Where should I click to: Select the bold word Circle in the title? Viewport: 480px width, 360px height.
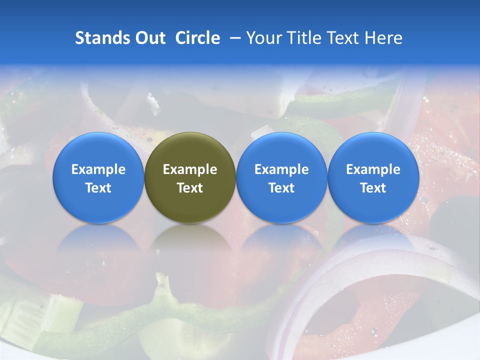(x=197, y=38)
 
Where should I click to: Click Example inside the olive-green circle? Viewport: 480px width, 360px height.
(x=190, y=169)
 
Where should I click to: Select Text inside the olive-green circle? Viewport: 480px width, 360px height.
(x=190, y=188)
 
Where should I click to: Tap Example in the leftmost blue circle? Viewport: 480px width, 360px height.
(x=98, y=169)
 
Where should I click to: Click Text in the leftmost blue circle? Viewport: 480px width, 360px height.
(x=98, y=188)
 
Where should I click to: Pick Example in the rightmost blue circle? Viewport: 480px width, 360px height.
(x=373, y=169)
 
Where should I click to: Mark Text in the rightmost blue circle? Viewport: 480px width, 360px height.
(x=373, y=188)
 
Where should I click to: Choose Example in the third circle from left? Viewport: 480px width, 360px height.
(x=281, y=169)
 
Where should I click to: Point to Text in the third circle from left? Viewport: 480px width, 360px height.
(x=281, y=188)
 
